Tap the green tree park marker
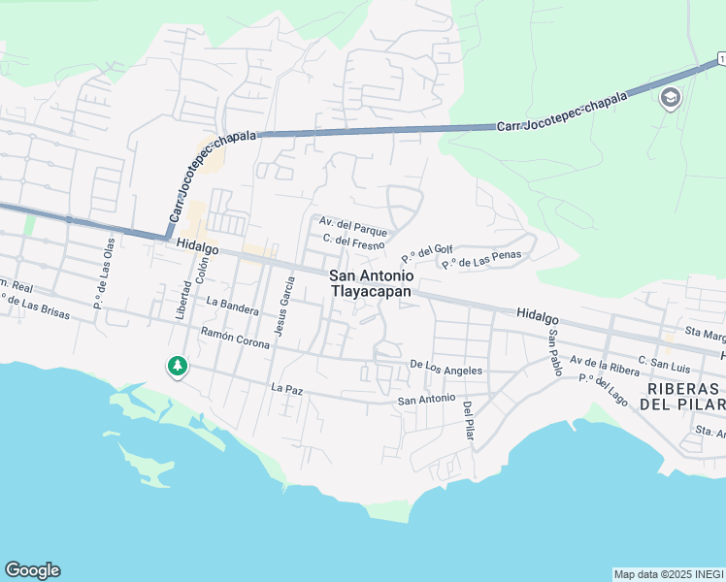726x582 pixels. [x=177, y=367]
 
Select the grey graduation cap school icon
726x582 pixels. [x=670, y=98]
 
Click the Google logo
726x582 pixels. [x=32, y=570]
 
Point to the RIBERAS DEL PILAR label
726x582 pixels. [x=683, y=396]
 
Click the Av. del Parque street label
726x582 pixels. [x=354, y=228]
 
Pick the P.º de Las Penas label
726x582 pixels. [x=481, y=259]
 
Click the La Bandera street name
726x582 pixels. [x=232, y=307]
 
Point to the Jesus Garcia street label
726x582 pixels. [x=285, y=306]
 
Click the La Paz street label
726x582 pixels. [x=287, y=388]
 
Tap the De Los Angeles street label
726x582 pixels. [x=445, y=368]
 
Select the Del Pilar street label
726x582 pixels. [x=469, y=421]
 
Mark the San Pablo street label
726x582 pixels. [x=553, y=351]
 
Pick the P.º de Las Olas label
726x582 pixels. [x=104, y=274]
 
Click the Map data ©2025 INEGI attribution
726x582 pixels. [x=668, y=574]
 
